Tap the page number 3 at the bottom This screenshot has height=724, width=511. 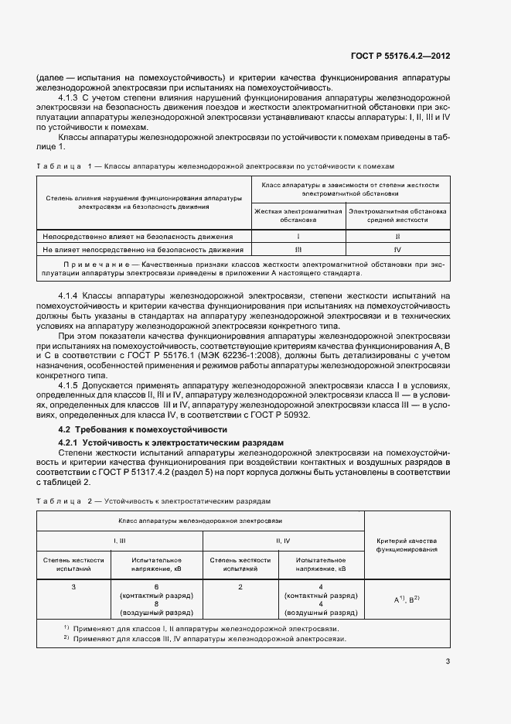(447, 661)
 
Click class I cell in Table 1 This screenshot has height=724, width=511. (298, 236)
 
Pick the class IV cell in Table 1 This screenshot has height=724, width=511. (397, 250)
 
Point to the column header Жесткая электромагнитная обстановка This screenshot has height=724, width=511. (298, 215)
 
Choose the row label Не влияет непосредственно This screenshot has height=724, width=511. (143, 250)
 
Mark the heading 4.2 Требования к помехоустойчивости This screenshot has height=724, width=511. (142, 429)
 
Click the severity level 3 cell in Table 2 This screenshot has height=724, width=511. (73, 587)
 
